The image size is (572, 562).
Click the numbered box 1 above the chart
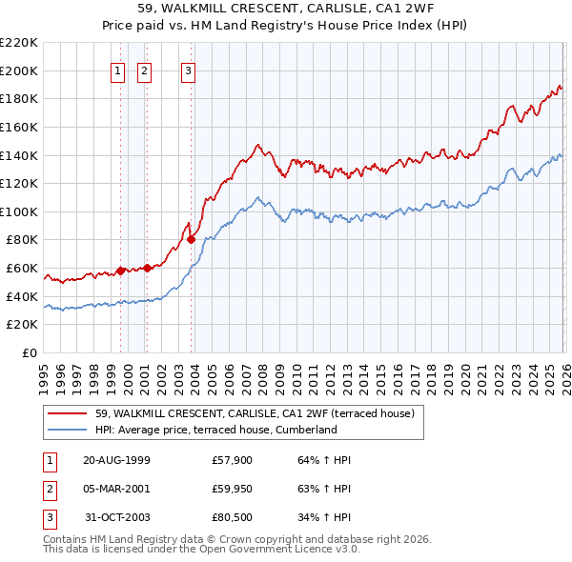coord(118,70)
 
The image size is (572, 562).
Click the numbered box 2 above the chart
coord(144,70)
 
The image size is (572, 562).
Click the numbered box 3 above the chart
coord(189,70)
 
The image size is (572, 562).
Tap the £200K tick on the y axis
coord(19,70)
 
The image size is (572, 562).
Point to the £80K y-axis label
coord(22,240)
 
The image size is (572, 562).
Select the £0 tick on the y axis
coord(30,353)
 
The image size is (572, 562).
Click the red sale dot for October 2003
coord(192,239)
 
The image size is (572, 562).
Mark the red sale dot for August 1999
coord(121,271)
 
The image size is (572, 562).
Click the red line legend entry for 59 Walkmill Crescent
coord(254,413)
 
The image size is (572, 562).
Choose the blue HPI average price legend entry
coord(216,430)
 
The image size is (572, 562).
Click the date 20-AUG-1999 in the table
coord(116,460)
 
